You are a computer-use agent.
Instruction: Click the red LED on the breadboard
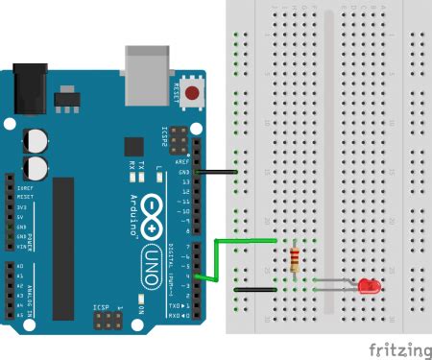coord(368,286)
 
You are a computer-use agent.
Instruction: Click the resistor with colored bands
coord(294,259)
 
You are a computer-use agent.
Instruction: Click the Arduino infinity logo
coord(152,228)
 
